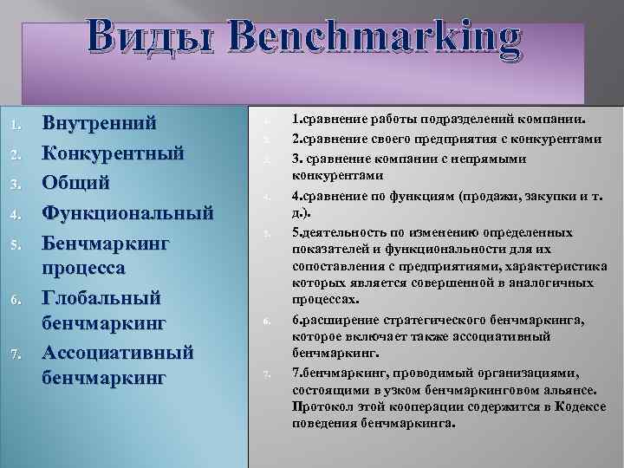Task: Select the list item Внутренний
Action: click(100, 122)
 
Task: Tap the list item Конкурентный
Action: click(114, 153)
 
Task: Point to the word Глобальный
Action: click(102, 298)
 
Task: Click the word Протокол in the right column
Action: click(320, 406)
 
